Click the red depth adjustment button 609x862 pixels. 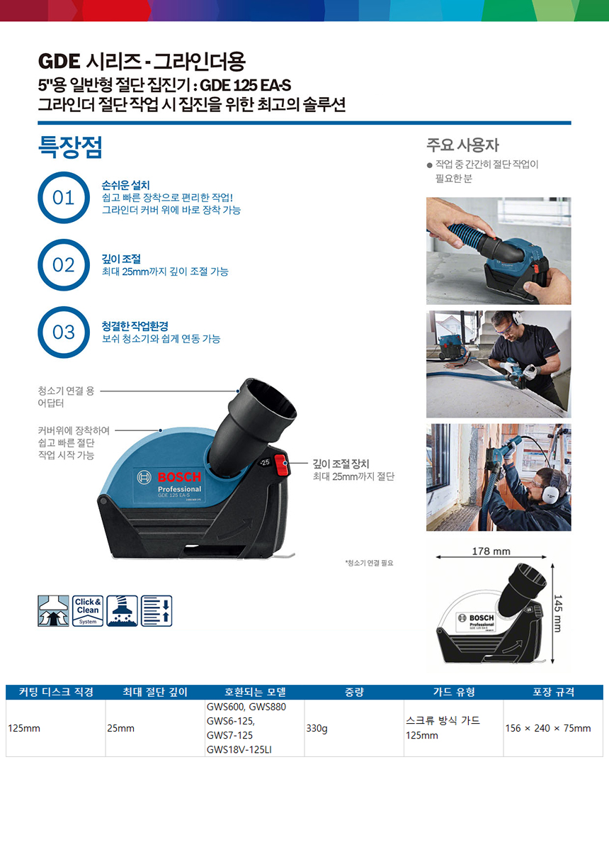click(x=280, y=465)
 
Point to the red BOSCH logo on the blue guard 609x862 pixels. click(x=179, y=477)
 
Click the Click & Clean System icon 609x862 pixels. click(x=88, y=611)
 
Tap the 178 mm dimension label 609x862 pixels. click(x=491, y=551)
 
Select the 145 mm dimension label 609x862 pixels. click(x=558, y=613)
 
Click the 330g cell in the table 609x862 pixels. click(x=317, y=728)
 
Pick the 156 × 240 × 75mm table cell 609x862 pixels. click(x=548, y=728)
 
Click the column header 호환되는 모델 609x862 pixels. click(x=255, y=692)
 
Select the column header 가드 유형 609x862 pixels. click(x=454, y=692)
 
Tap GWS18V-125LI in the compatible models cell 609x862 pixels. click(x=239, y=749)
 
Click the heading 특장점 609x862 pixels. click(x=70, y=147)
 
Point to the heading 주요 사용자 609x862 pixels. click(x=462, y=145)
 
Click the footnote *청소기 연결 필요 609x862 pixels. click(x=369, y=563)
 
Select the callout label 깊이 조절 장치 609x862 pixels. click(x=341, y=464)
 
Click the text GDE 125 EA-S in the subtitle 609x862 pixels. click(x=246, y=85)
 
